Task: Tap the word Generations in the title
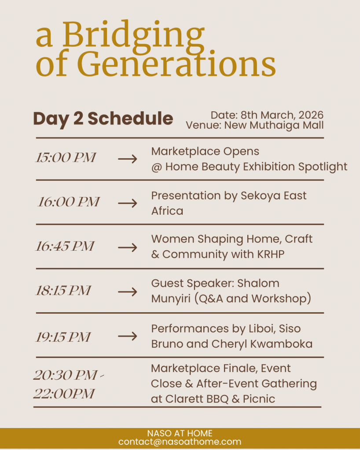[x=176, y=63]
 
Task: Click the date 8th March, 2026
[x=282, y=115]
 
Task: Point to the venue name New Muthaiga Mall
[x=274, y=125]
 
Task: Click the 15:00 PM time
[x=66, y=157]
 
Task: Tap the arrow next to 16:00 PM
[x=128, y=203]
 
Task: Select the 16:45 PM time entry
[x=65, y=246]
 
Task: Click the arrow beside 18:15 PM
[x=128, y=292]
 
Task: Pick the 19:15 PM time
[x=63, y=337]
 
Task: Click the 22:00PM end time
[x=64, y=393]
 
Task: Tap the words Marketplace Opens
[x=205, y=151]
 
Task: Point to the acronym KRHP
[x=271, y=254]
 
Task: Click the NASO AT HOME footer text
[x=180, y=433]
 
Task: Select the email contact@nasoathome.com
[x=180, y=442]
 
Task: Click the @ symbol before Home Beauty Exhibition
[x=157, y=167]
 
